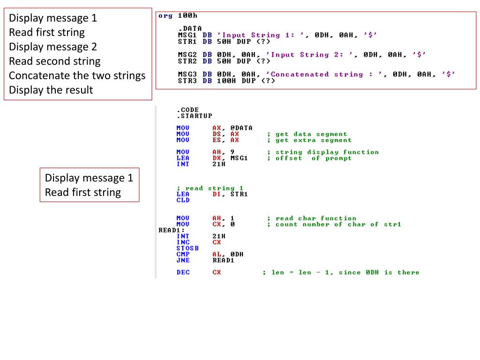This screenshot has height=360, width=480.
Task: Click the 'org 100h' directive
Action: pyautogui.click(x=172, y=16)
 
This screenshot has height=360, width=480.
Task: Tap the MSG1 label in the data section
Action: pyautogui.click(x=187, y=35)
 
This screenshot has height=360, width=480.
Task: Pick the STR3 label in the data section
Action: pyautogui.click(x=187, y=81)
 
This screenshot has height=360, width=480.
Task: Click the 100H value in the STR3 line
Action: pyautogui.click(x=226, y=81)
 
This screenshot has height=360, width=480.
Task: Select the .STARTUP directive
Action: pyautogui.click(x=194, y=116)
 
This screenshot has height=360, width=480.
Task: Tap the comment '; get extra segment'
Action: pyautogui.click(x=309, y=140)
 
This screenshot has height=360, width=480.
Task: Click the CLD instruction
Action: pyautogui.click(x=183, y=200)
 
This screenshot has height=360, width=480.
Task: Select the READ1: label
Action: pyautogui.click(x=169, y=230)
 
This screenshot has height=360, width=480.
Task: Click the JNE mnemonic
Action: pyautogui.click(x=183, y=260)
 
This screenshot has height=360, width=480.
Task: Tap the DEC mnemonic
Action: pyautogui.click(x=183, y=272)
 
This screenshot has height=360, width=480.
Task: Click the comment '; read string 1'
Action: pyautogui.click(x=210, y=188)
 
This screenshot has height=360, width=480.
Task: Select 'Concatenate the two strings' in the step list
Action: pyautogui.click(x=77, y=75)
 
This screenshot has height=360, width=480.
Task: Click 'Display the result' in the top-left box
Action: pyautogui.click(x=51, y=90)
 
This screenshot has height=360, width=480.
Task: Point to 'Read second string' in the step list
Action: pyautogui.click(x=54, y=61)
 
